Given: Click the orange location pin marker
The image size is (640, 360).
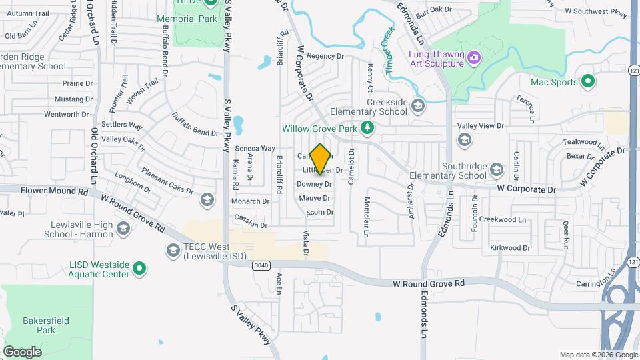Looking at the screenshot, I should [321, 159].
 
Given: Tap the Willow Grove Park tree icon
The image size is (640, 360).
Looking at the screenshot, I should [366, 127].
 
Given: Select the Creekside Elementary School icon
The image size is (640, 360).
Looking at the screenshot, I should [418, 105].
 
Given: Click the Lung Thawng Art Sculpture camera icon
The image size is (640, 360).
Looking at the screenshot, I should [474, 57].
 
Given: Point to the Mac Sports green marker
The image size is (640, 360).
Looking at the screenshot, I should [587, 82].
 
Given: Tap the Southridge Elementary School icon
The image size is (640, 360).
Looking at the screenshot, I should [497, 170].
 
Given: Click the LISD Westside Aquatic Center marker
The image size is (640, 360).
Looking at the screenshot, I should [139, 269].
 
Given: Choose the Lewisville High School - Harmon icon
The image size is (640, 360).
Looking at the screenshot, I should [123, 229].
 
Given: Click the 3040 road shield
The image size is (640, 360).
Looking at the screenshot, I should [262, 265].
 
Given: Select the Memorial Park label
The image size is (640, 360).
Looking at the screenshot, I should [187, 19].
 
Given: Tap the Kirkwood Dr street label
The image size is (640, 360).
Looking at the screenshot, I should [510, 247].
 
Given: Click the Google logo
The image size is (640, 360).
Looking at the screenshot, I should [22, 351].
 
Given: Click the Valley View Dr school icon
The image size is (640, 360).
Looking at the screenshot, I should [465, 139].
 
